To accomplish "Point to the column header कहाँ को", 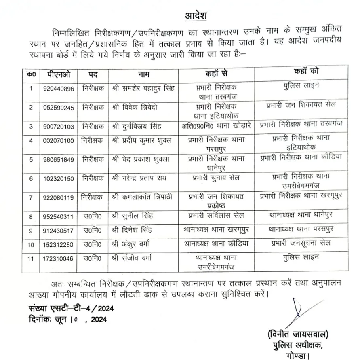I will click(x=301, y=71).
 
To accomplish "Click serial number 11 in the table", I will click(x=31, y=259).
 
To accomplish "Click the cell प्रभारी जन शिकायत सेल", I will click(x=301, y=104).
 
